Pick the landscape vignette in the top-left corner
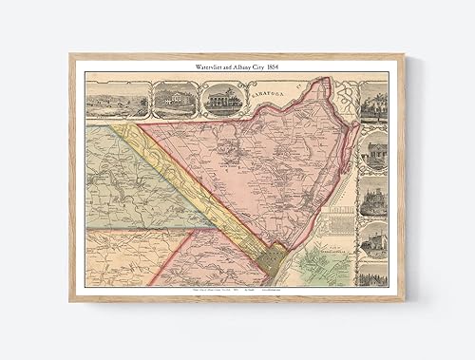tap(117, 100)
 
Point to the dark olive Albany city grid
tap(274, 259)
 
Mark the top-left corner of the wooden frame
tap(71, 56)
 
